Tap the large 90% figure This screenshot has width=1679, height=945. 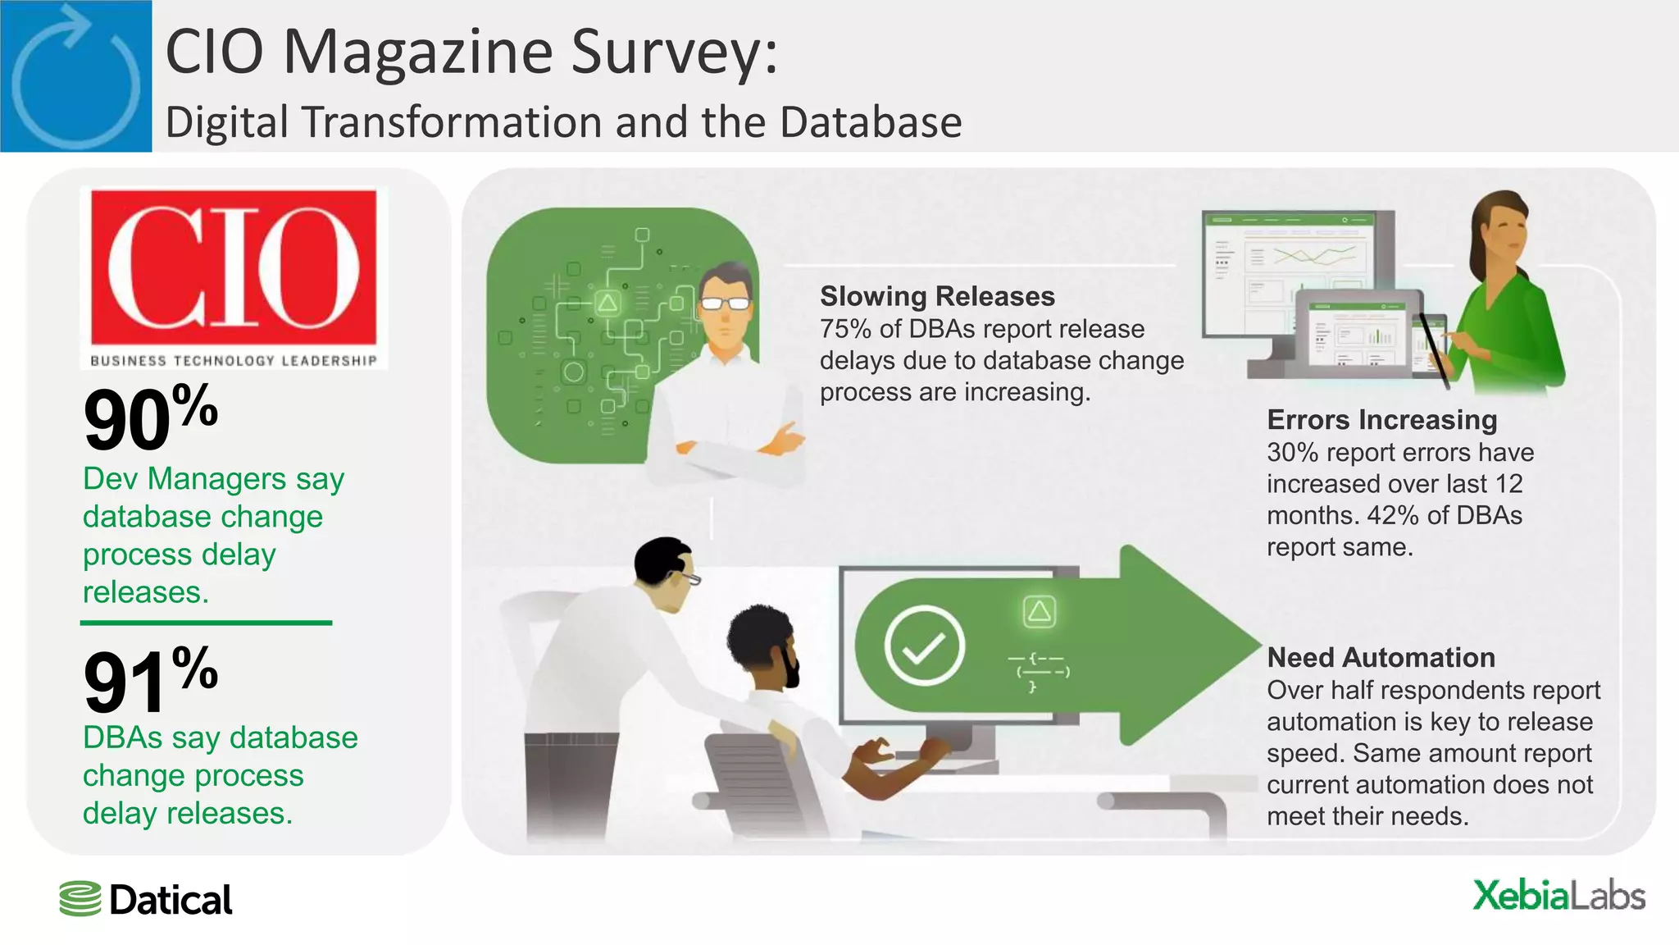(x=150, y=419)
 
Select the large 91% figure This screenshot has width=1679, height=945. (x=150, y=680)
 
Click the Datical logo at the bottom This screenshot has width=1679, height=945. (x=146, y=900)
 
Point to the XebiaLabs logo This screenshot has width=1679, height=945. (x=1558, y=896)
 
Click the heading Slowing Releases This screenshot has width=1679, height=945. (x=937, y=296)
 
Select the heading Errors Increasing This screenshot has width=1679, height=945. (x=1381, y=420)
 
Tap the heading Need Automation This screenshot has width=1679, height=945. (x=1381, y=658)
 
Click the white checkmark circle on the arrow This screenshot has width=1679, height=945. (x=924, y=646)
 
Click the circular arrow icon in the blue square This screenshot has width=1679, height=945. (x=75, y=75)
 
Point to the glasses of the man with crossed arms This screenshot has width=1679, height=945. (x=725, y=304)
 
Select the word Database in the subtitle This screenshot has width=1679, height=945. (x=871, y=122)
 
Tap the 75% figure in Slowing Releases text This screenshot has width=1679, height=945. (x=845, y=329)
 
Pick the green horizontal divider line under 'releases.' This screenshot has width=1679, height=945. (x=206, y=623)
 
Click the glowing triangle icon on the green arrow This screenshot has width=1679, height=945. (x=1039, y=611)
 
